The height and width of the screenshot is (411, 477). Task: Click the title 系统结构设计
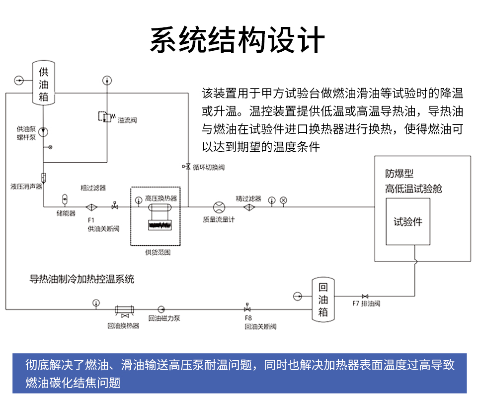[x=238, y=40]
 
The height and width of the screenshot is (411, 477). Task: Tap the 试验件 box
[x=408, y=221]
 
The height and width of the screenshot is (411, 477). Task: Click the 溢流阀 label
[x=127, y=120]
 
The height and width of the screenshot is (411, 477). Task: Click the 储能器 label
[x=66, y=213]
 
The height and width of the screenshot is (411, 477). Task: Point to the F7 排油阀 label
[x=366, y=304]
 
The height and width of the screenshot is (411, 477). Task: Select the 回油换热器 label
[x=123, y=326]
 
